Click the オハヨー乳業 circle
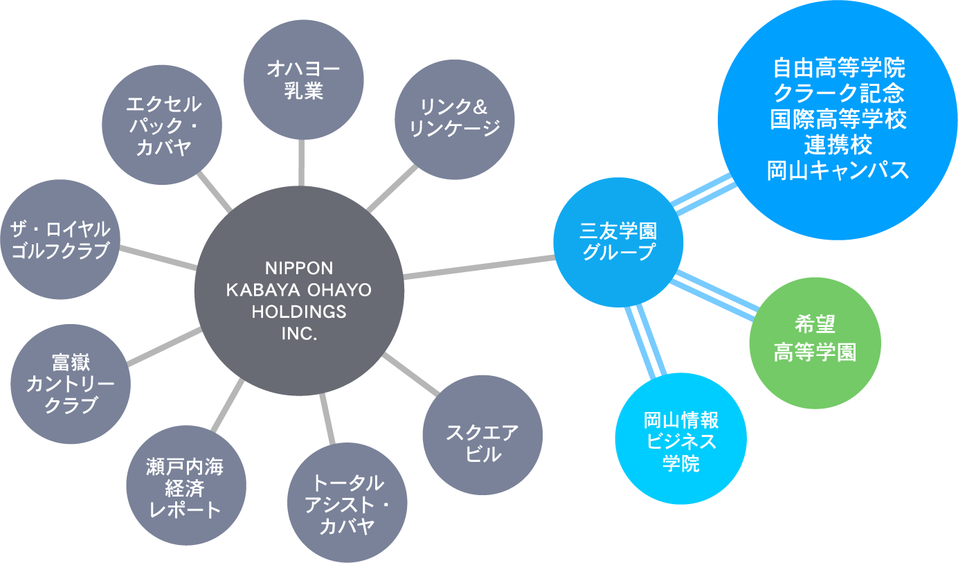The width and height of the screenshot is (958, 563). (x=304, y=79)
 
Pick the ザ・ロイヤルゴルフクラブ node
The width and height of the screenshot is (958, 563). (x=60, y=240)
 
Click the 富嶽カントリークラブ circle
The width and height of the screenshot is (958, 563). (x=71, y=384)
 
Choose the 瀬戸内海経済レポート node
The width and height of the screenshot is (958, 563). (x=186, y=488)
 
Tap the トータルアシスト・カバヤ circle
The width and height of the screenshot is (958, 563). (x=347, y=503)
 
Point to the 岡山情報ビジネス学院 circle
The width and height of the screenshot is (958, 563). (x=681, y=438)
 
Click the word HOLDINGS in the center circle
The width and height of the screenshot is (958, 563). (x=299, y=312)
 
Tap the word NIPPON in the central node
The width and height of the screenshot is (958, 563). (x=299, y=267)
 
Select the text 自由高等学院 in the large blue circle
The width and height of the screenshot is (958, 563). (x=838, y=69)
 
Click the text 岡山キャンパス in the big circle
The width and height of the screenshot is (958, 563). (x=838, y=170)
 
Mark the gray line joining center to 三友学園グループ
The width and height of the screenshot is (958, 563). (x=479, y=268)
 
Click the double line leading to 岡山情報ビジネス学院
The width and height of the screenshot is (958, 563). (x=645, y=341)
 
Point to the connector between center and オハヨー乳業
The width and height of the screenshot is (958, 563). (x=302, y=162)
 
